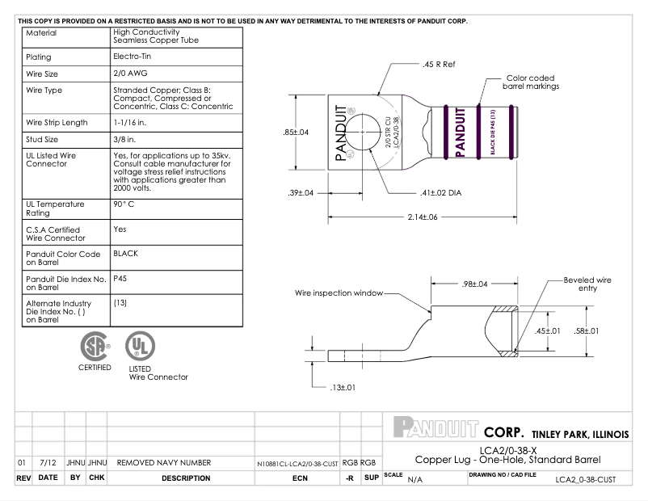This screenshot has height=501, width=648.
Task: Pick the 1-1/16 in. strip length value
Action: pos(133,123)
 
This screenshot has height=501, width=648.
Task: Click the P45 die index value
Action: pos(120,278)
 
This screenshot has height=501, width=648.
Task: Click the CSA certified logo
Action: pos(95,347)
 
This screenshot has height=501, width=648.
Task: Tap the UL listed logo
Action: pos(138,347)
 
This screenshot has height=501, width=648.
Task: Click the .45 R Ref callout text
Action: pos(440,63)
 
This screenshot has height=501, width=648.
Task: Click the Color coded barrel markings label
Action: pos(531,82)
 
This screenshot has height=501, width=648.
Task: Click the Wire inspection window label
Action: pos(338,293)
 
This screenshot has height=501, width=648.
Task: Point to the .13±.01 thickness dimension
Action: pos(339,387)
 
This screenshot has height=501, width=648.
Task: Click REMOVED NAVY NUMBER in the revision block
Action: pos(164,463)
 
